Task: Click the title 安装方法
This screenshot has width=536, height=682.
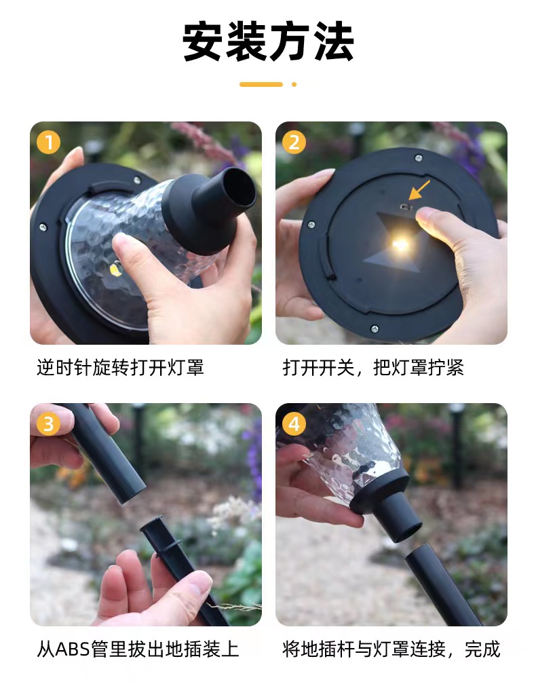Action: [268, 42]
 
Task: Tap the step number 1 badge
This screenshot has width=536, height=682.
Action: [48, 143]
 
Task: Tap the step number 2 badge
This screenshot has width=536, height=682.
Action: [294, 143]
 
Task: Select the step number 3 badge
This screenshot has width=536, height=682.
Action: [48, 423]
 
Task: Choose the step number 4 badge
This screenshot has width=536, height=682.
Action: [294, 423]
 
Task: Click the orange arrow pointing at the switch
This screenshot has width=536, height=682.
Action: [419, 190]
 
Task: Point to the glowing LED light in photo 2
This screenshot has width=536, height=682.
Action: [400, 244]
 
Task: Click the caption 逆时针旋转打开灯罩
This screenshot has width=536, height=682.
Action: [120, 368]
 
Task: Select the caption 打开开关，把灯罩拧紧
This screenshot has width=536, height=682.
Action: [373, 368]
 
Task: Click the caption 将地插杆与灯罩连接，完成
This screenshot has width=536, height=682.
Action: [391, 649]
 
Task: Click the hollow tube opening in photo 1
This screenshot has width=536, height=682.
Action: [237, 187]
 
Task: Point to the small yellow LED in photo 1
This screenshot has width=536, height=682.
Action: [116, 268]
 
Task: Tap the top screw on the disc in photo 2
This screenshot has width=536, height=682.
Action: [418, 158]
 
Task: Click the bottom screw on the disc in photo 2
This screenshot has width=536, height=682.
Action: [375, 329]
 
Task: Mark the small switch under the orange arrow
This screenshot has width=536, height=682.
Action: [406, 207]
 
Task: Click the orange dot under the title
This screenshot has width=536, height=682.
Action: [294, 84]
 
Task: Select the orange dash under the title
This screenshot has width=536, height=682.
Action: [261, 84]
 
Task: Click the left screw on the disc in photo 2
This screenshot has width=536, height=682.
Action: [311, 225]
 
